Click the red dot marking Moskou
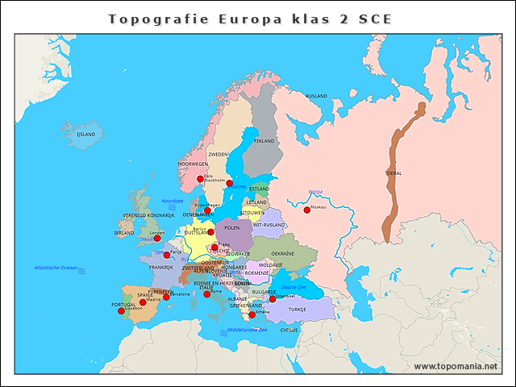(306, 210)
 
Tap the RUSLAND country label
(316, 96)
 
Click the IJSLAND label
(85, 135)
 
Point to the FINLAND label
(264, 140)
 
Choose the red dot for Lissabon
(121, 310)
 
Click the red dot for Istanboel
(272, 298)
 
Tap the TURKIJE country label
(298, 310)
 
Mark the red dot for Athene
(252, 314)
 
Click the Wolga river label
(315, 192)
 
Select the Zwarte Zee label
(293, 287)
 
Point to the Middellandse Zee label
(247, 330)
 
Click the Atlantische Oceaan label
(55, 267)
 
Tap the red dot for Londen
(157, 238)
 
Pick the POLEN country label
(232, 228)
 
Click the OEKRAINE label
(282, 253)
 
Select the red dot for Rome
(207, 294)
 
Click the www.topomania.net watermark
(456, 366)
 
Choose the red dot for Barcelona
(166, 297)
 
